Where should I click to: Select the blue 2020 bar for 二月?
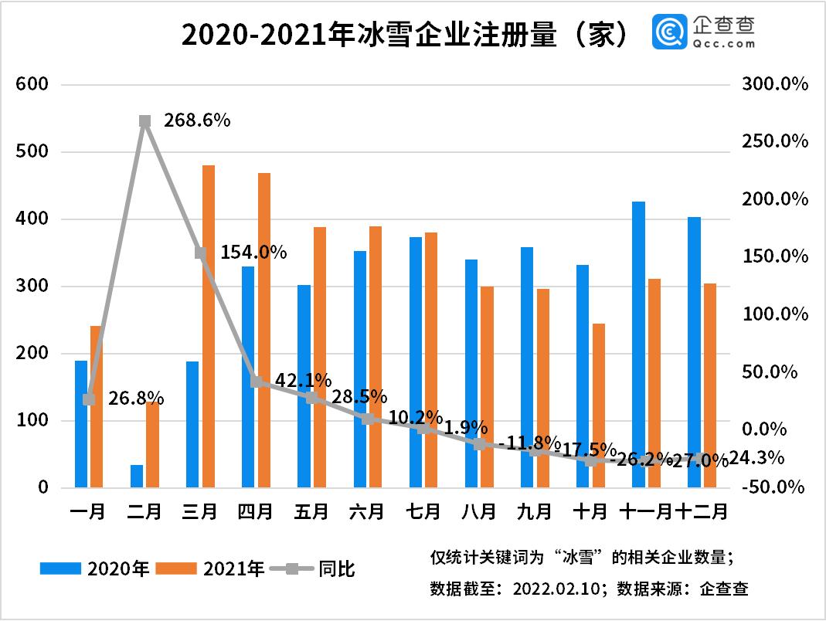click(137, 476)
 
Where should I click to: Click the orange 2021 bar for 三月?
click(208, 326)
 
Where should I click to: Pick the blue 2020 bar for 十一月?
click(638, 344)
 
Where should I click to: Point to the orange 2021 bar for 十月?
click(598, 406)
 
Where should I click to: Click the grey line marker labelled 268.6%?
click(144, 121)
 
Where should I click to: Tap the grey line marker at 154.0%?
click(200, 253)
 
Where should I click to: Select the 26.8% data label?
click(135, 398)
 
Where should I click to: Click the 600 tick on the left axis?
click(32, 84)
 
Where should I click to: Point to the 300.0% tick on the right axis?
click(774, 84)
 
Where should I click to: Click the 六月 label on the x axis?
click(367, 511)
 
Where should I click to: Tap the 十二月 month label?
click(702, 511)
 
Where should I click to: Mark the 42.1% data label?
click(303, 380)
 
